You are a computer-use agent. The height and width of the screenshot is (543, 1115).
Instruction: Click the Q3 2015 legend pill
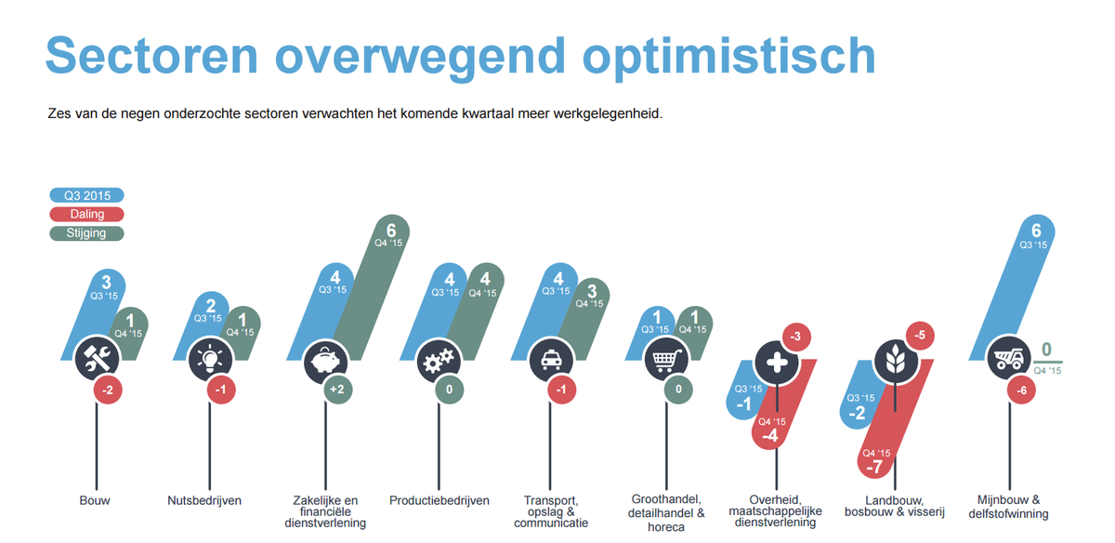pyautogui.click(x=86, y=195)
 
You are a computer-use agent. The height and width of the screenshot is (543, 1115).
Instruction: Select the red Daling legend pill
pyautogui.click(x=86, y=214)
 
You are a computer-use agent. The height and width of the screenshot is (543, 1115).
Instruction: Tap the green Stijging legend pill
pyautogui.click(x=86, y=233)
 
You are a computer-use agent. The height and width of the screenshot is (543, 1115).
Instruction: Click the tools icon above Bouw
pyautogui.click(x=97, y=359)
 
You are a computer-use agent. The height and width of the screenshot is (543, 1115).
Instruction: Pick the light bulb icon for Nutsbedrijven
pyautogui.click(x=210, y=359)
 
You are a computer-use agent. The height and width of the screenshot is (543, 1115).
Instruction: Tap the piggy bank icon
pyautogui.click(x=324, y=359)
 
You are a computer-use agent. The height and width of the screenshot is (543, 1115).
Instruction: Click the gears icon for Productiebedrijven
pyautogui.click(x=438, y=360)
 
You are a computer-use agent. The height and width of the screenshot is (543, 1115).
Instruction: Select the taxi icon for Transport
pyautogui.click(x=551, y=359)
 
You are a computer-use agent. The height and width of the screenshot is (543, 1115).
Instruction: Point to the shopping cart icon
pyautogui.click(x=665, y=359)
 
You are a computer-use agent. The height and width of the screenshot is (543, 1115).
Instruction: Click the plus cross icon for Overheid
pyautogui.click(x=779, y=361)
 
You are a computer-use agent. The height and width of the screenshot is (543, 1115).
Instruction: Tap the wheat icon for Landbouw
pyautogui.click(x=893, y=361)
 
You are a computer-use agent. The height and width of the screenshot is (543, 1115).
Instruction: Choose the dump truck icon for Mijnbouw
pyautogui.click(x=1007, y=359)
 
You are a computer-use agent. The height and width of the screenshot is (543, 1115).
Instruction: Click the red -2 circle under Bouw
pyautogui.click(x=108, y=391)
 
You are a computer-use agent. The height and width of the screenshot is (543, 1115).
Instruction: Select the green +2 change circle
pyautogui.click(x=336, y=391)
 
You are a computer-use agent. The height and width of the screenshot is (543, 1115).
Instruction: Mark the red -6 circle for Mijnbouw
pyautogui.click(x=1021, y=391)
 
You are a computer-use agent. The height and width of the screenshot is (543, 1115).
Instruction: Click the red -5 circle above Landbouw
pyautogui.click(x=919, y=336)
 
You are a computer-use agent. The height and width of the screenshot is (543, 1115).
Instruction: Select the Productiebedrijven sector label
pyautogui.click(x=439, y=500)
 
